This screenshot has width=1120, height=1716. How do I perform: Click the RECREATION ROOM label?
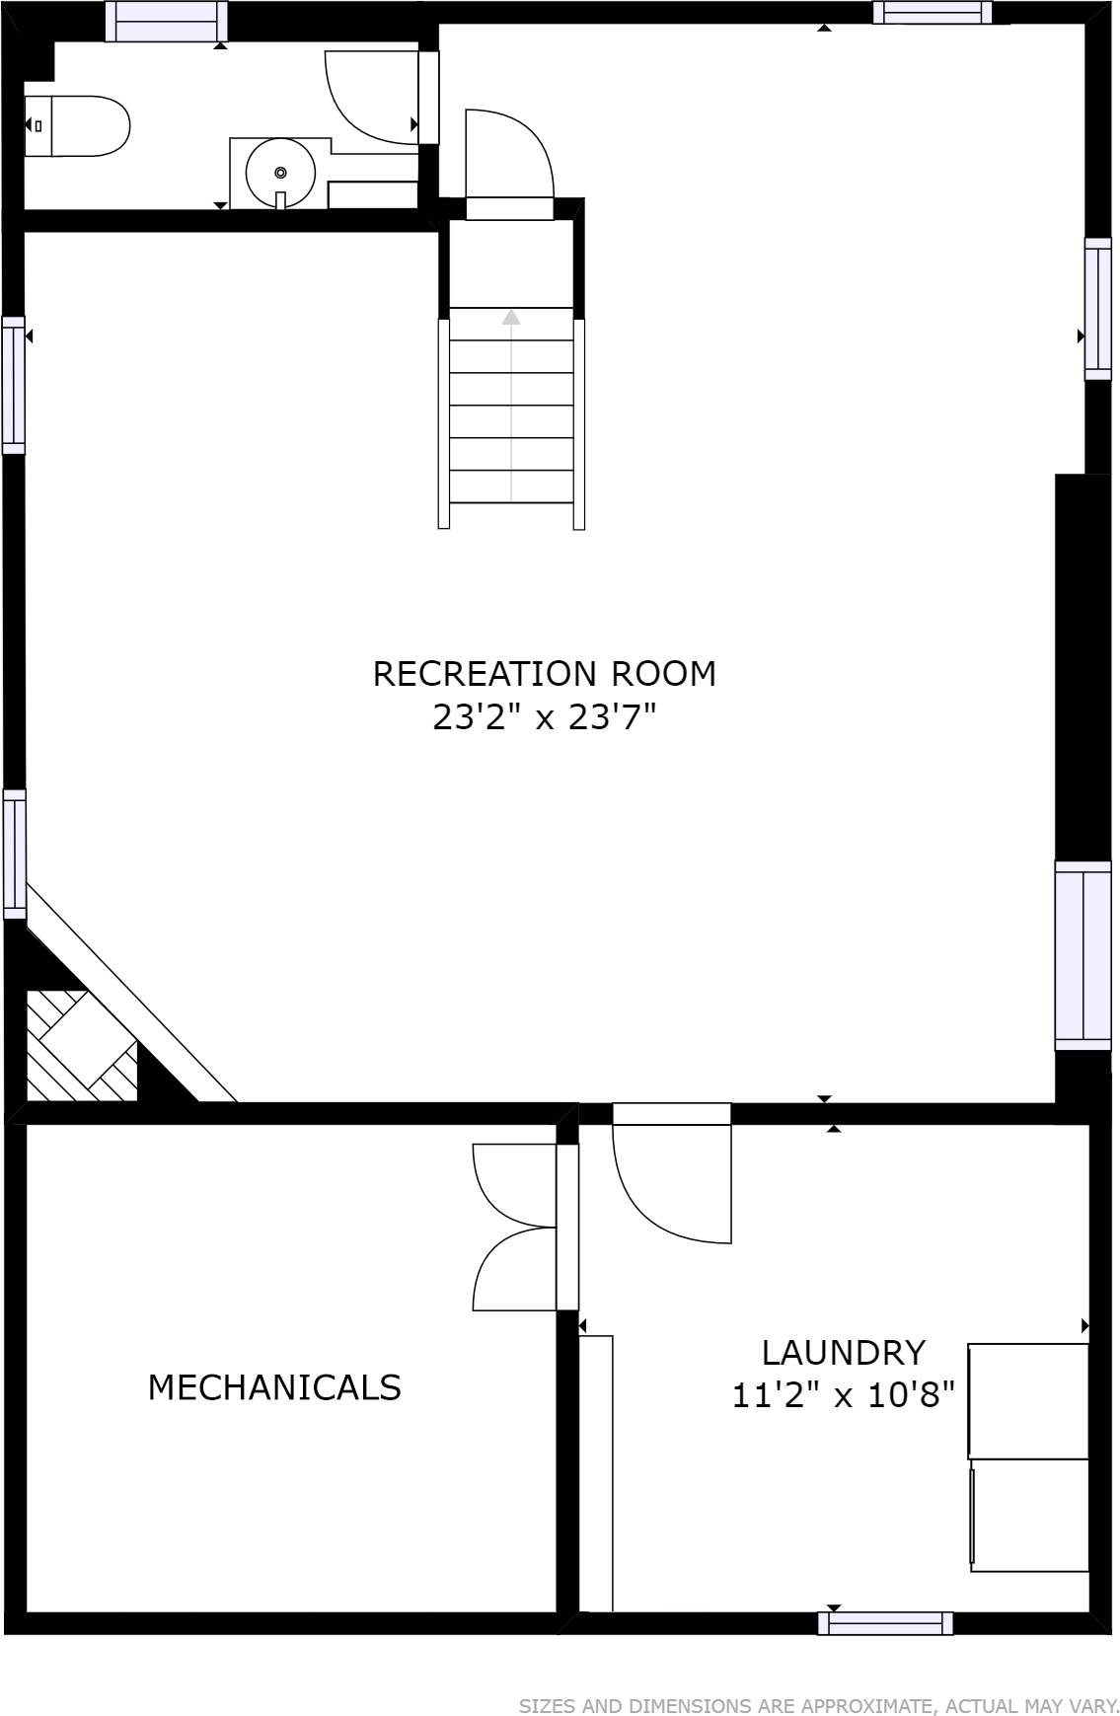click(x=544, y=674)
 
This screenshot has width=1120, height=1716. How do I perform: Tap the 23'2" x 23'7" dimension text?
click(x=544, y=717)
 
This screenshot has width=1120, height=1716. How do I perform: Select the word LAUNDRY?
click(x=844, y=1352)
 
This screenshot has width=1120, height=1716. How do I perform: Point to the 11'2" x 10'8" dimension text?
click(x=844, y=1395)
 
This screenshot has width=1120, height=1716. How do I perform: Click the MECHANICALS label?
click(x=274, y=1387)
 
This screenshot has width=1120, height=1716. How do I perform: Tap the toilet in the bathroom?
click(x=77, y=126)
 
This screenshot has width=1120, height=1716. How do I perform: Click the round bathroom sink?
click(x=280, y=173)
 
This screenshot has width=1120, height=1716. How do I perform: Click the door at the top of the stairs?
click(x=509, y=164)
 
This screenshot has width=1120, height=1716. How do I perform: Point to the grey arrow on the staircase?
click(x=511, y=405)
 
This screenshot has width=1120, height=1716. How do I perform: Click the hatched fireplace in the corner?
click(x=81, y=1046)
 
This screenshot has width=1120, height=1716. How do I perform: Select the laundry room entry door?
click(x=672, y=1173)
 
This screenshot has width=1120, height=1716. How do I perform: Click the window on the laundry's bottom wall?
click(x=885, y=1623)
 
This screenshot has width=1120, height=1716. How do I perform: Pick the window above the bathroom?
click(x=166, y=22)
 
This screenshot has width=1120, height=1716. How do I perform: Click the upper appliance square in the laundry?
click(x=1028, y=1401)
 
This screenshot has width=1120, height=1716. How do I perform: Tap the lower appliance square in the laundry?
click(x=1029, y=1516)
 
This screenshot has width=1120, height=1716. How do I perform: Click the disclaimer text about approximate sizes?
click(x=819, y=1706)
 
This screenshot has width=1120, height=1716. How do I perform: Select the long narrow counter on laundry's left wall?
click(x=595, y=1473)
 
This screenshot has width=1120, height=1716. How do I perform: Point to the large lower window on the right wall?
click(x=1083, y=955)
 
